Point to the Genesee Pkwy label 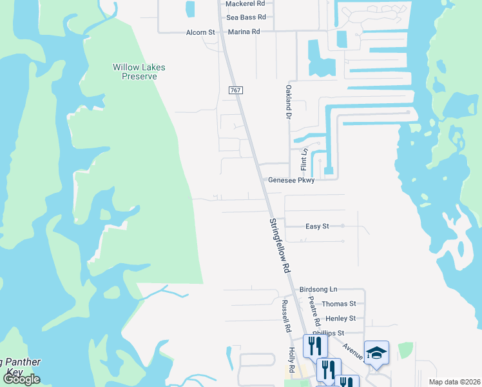(291, 181)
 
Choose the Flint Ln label (304, 159)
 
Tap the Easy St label (317, 226)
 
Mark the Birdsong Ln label (318, 290)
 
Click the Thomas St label (339, 304)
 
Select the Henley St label (341, 319)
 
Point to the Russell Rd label (284, 316)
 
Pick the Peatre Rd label (313, 311)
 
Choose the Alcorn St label (200, 32)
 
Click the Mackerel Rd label (245, 3)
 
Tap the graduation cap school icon (376, 353)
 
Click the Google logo (21, 379)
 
